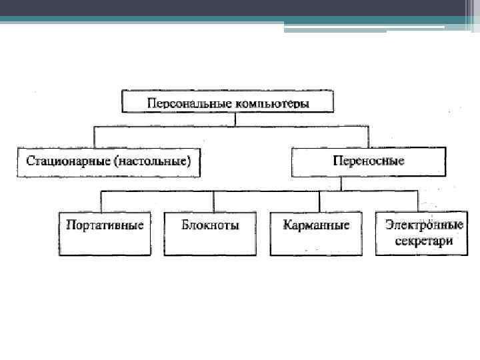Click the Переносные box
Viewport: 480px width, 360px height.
click(368, 162)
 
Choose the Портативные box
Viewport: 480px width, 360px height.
click(105, 233)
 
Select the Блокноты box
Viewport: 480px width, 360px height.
click(210, 233)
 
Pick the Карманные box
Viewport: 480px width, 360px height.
click(316, 233)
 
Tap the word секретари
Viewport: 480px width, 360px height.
click(423, 240)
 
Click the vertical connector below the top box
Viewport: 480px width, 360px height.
click(237, 119)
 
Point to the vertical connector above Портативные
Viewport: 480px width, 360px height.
click(101, 201)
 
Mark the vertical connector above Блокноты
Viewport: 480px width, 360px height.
click(213, 201)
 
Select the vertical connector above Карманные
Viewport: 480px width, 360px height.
click(319, 201)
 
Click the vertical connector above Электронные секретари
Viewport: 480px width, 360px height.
click(418, 201)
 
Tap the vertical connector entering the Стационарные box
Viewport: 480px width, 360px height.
click(94, 137)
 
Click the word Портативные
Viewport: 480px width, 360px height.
click(105, 225)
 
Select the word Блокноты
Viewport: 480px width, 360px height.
click(210, 225)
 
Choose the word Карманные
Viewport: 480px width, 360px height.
click(316, 225)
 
